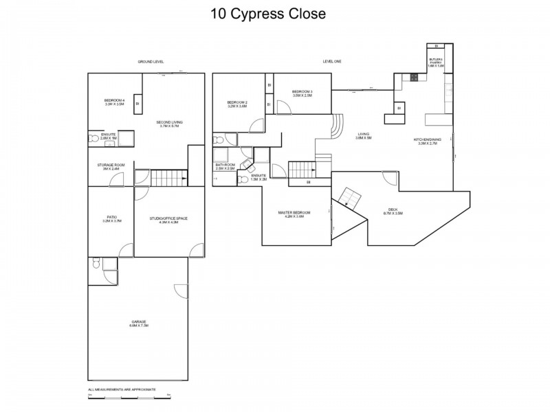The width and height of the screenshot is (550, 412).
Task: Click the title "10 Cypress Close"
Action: [274, 13]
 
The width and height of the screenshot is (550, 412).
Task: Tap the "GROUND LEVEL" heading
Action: [151, 62]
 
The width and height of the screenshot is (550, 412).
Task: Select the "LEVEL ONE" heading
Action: [332, 62]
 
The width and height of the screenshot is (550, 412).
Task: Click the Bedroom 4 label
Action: [114, 103]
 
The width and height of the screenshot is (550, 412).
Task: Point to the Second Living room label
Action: [171, 124]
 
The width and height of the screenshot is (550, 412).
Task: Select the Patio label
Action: [111, 219]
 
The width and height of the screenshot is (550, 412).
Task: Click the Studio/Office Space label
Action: [168, 220]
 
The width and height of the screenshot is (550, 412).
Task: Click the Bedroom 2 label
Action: [237, 104]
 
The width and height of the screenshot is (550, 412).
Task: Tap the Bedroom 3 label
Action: [302, 93]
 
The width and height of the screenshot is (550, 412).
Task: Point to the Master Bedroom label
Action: [294, 214]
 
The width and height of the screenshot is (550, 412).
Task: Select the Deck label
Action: [393, 212]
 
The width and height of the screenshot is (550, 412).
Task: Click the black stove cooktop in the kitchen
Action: [415, 78]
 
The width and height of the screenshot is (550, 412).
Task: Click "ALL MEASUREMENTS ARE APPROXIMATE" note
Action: [122, 389]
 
